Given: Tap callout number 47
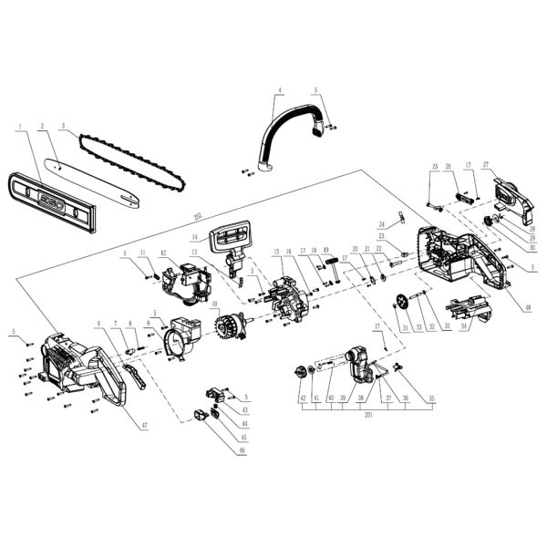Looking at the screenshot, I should click(x=142, y=426).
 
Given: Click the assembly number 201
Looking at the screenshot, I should click(x=367, y=416).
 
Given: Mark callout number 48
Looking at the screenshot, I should click(x=525, y=305).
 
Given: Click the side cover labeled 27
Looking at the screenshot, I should click(x=507, y=199).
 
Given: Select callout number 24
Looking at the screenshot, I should click(x=383, y=223).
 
